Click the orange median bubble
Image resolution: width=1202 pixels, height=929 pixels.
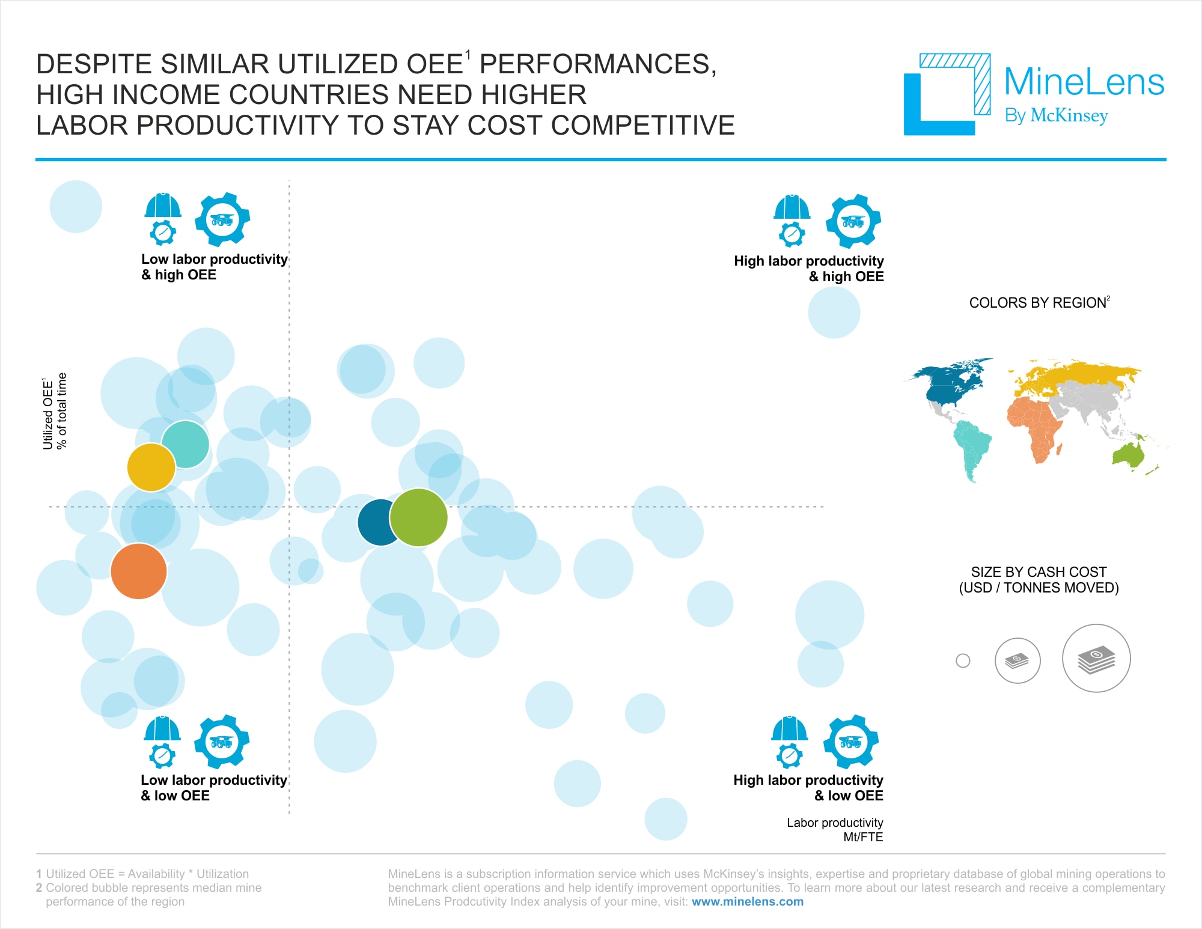tap(139, 571)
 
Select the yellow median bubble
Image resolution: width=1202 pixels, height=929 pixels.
tap(151, 468)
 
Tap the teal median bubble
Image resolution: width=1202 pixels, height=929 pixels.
tap(186, 445)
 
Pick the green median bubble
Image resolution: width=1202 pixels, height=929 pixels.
tap(419, 517)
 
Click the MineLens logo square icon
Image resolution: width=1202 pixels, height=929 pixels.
tap(947, 94)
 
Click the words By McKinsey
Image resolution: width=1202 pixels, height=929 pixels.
tap(1056, 115)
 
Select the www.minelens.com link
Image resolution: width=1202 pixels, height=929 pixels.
tap(747, 901)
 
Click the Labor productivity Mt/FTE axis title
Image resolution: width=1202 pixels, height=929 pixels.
tap(835, 830)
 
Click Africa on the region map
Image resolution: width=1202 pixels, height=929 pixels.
tap(1035, 427)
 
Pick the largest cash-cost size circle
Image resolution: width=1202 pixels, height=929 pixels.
tap(1096, 659)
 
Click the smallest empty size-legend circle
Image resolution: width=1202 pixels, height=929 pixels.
tap(963, 661)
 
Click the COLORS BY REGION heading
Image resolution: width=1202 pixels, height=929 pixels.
tap(1039, 302)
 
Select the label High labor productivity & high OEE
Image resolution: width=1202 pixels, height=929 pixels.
tap(809, 269)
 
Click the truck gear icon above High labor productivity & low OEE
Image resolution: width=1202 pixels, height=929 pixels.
tap(850, 742)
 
